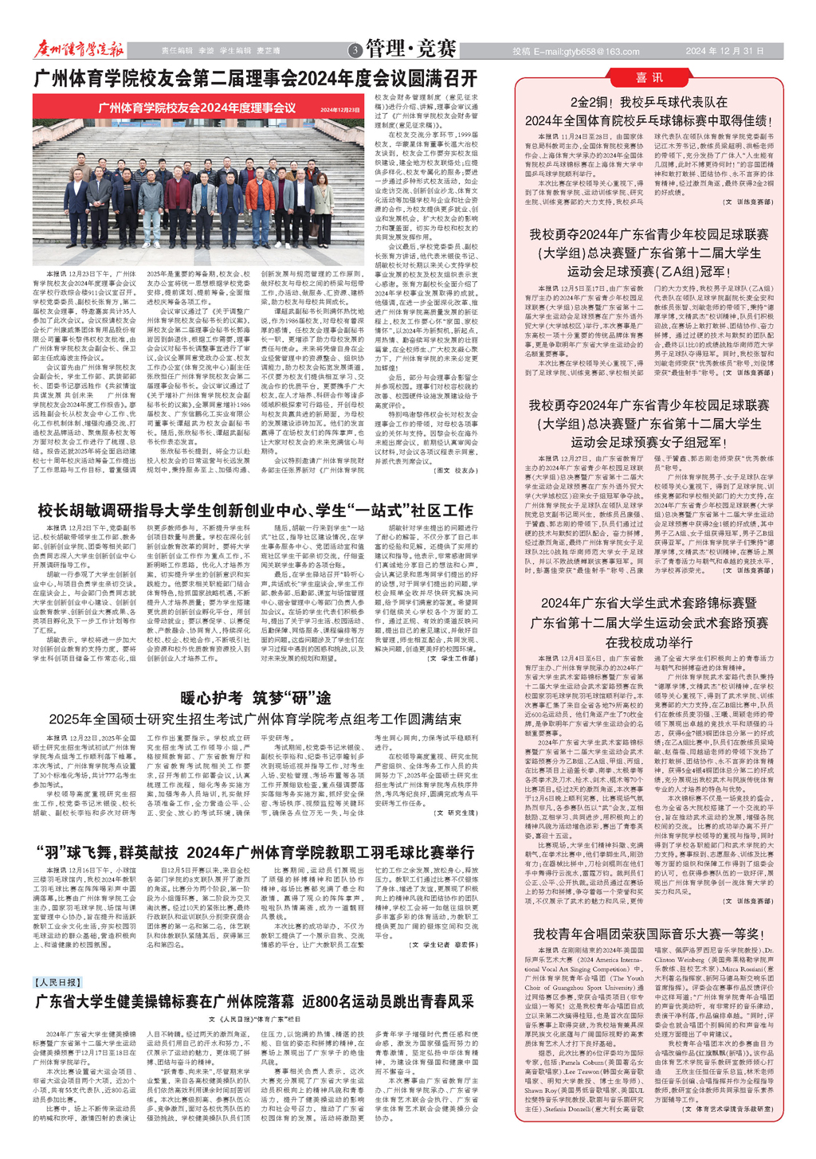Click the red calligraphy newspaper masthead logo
pos(79,49)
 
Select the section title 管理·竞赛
pos(411,49)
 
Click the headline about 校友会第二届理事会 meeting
pos(255,78)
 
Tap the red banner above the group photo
pos(196,108)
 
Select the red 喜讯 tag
pos(649,77)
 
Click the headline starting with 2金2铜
pos(649,102)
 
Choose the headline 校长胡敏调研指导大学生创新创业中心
pos(255,510)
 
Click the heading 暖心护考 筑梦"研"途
pos(255,698)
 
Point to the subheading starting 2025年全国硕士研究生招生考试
pos(255,719)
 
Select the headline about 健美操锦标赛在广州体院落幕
pos(255,1001)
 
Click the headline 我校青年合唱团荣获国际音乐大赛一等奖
pos(649,934)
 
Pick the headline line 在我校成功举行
pos(649,642)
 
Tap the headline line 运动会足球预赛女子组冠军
pos(649,442)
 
